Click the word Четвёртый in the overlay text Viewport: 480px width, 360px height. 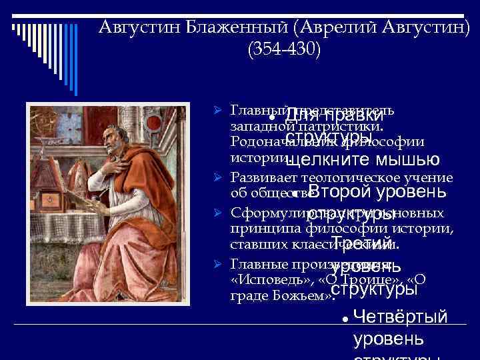(x=400, y=317)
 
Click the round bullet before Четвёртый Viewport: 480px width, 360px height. (x=344, y=319)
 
